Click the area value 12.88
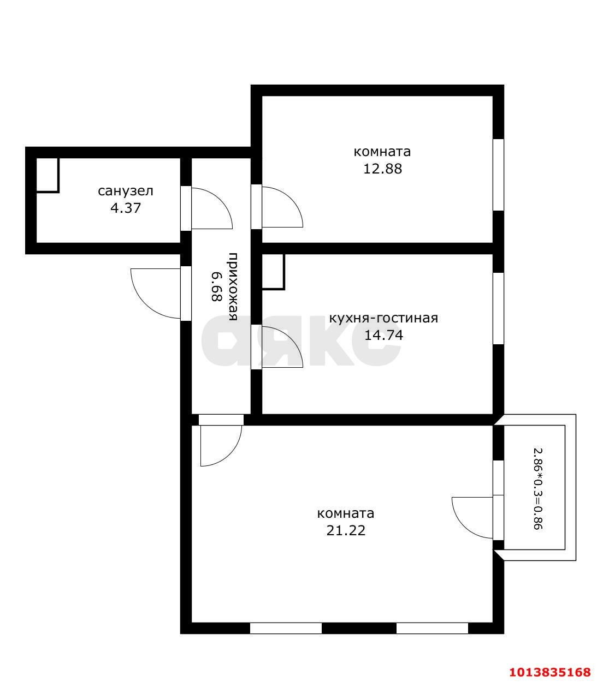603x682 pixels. (382, 169)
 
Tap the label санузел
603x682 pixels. (126, 191)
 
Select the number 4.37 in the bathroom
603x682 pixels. (126, 208)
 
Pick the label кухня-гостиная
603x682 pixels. (383, 318)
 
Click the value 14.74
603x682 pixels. (383, 335)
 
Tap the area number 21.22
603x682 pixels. (346, 530)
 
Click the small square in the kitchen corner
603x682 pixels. (273, 271)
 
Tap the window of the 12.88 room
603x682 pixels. (498, 175)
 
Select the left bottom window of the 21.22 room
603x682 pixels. (286, 628)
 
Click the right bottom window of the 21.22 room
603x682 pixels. (432, 628)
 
